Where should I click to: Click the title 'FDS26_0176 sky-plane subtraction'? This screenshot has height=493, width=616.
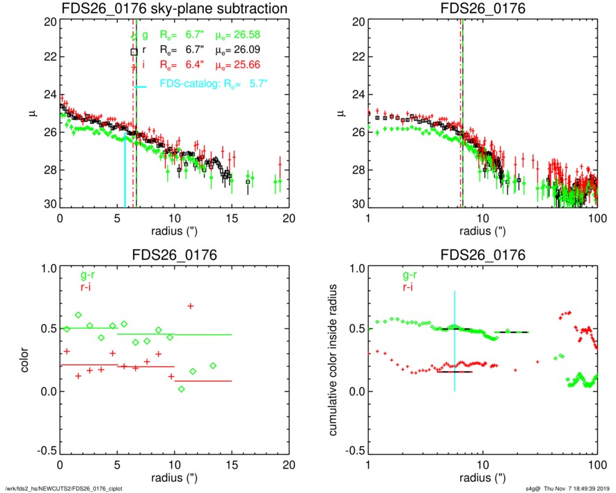(175, 9)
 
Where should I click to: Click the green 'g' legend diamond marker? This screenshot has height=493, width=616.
(134, 35)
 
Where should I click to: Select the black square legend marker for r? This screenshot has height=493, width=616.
(134, 52)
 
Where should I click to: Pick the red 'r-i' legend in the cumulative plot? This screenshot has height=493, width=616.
(397, 287)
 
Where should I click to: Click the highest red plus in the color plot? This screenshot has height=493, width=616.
(190, 306)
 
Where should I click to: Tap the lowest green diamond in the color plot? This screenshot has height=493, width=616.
(181, 389)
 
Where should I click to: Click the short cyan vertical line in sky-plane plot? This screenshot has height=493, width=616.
(125, 174)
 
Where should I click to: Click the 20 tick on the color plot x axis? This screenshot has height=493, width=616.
(290, 467)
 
